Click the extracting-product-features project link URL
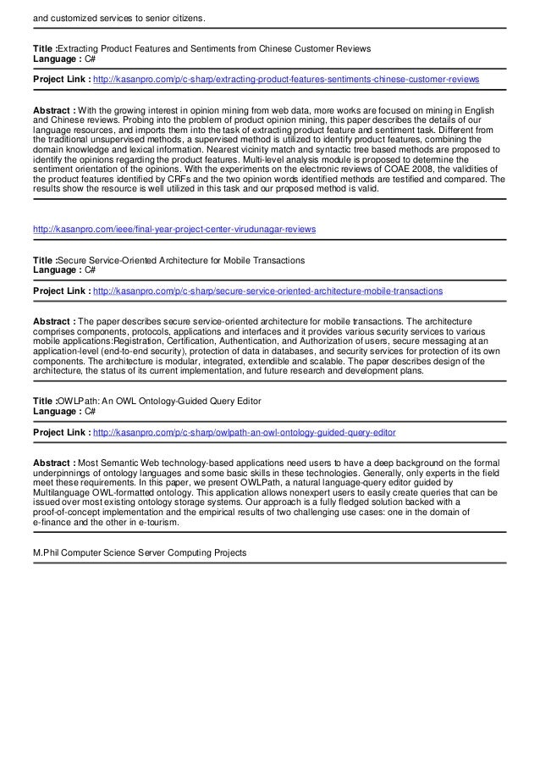pos(285,79)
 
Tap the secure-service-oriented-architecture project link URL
pos(267,291)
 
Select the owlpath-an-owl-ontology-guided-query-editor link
pos(244,432)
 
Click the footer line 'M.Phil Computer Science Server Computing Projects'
pos(139,552)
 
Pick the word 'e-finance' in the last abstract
pos(54,524)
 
